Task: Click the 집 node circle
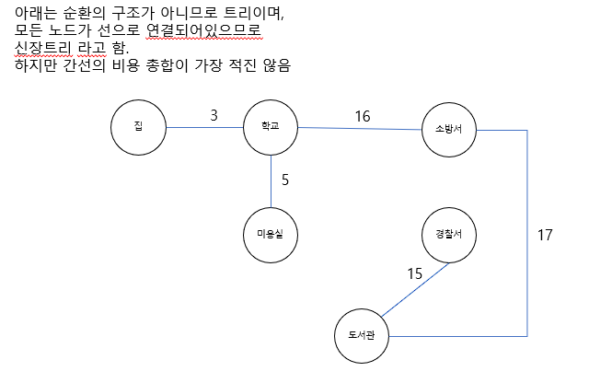[x=138, y=126]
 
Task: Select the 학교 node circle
[x=271, y=126]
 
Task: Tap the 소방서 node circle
[x=448, y=130]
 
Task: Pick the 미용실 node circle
[x=271, y=237]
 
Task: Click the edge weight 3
[x=214, y=115]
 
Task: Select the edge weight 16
[x=363, y=116]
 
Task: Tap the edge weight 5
[x=285, y=180]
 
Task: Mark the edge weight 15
[x=415, y=273]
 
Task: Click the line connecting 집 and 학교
[x=204, y=126]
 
